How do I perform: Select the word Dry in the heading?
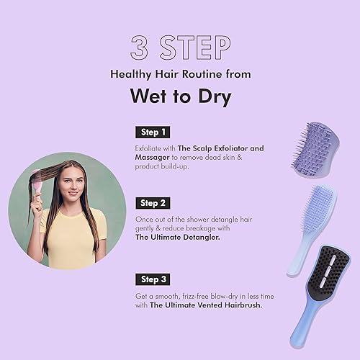pyautogui.click(x=212, y=96)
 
